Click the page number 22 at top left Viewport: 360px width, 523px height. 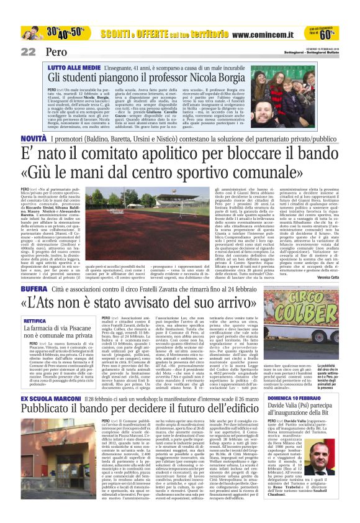28,52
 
